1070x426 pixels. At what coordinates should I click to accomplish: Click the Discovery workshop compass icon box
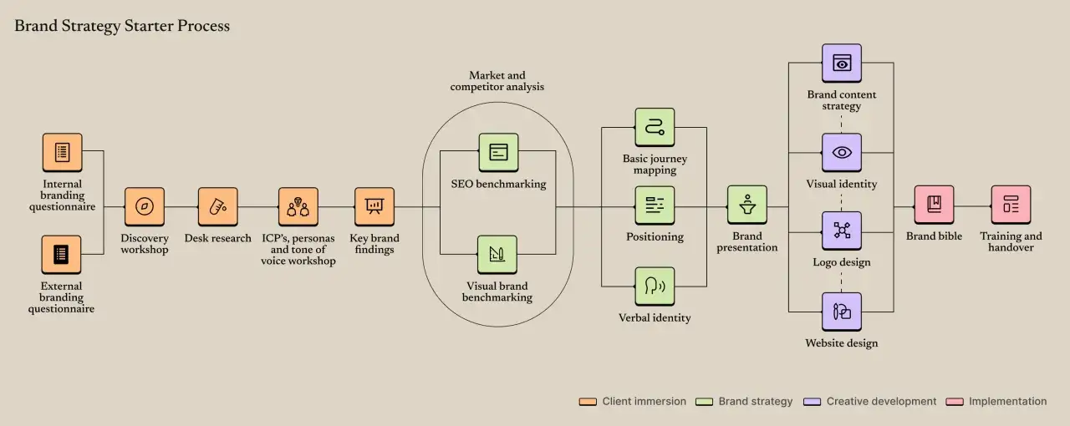pos(145,207)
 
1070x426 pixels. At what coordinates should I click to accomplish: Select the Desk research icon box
pos(218,207)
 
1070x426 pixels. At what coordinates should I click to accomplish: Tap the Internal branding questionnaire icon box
pos(62,152)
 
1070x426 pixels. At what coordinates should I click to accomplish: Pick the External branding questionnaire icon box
pos(61,255)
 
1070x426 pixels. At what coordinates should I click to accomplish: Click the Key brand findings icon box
pos(374,207)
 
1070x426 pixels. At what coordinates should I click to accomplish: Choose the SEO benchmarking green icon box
pos(499,152)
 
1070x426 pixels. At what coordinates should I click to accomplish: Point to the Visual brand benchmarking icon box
pos(497,255)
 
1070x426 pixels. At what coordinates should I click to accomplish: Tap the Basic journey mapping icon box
pos(655,127)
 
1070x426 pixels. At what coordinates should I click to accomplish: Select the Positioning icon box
pos(655,205)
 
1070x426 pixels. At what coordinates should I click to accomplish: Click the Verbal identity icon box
pos(655,286)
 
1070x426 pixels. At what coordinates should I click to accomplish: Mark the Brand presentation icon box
pos(747,205)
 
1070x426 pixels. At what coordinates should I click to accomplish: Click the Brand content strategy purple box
pos(842,63)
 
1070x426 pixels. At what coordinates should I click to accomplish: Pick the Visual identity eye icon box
pos(842,152)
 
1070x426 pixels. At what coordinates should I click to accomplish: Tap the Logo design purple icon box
pos(842,231)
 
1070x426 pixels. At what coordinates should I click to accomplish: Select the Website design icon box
pos(842,312)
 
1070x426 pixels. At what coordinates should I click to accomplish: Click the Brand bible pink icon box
pos(935,205)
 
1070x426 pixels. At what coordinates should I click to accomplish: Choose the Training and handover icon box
pos(1011,205)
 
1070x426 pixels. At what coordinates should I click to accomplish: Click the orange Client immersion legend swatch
pos(588,402)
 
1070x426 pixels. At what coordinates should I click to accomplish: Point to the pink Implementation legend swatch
pos(955,402)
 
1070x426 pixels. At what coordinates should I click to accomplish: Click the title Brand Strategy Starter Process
pos(122,26)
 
